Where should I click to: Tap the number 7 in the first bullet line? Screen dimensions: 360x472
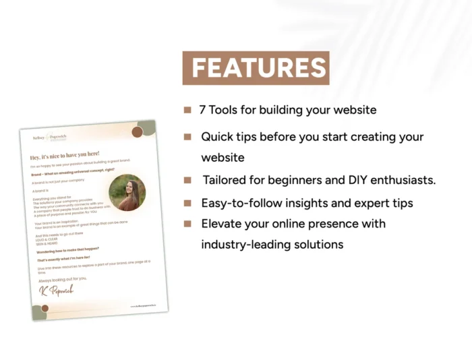202,109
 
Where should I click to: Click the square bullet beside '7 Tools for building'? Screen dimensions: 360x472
187,109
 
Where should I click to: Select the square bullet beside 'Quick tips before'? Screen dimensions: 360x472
187,137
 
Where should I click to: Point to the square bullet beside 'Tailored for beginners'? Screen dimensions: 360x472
187,180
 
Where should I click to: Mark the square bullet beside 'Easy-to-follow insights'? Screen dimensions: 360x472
187,202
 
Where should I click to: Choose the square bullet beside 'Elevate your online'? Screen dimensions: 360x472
187,223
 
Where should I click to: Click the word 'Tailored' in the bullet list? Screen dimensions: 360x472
226,180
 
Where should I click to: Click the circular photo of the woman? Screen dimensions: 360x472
127,193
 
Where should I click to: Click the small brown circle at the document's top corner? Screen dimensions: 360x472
137,131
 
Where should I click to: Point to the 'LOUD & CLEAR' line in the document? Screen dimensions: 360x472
48,237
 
